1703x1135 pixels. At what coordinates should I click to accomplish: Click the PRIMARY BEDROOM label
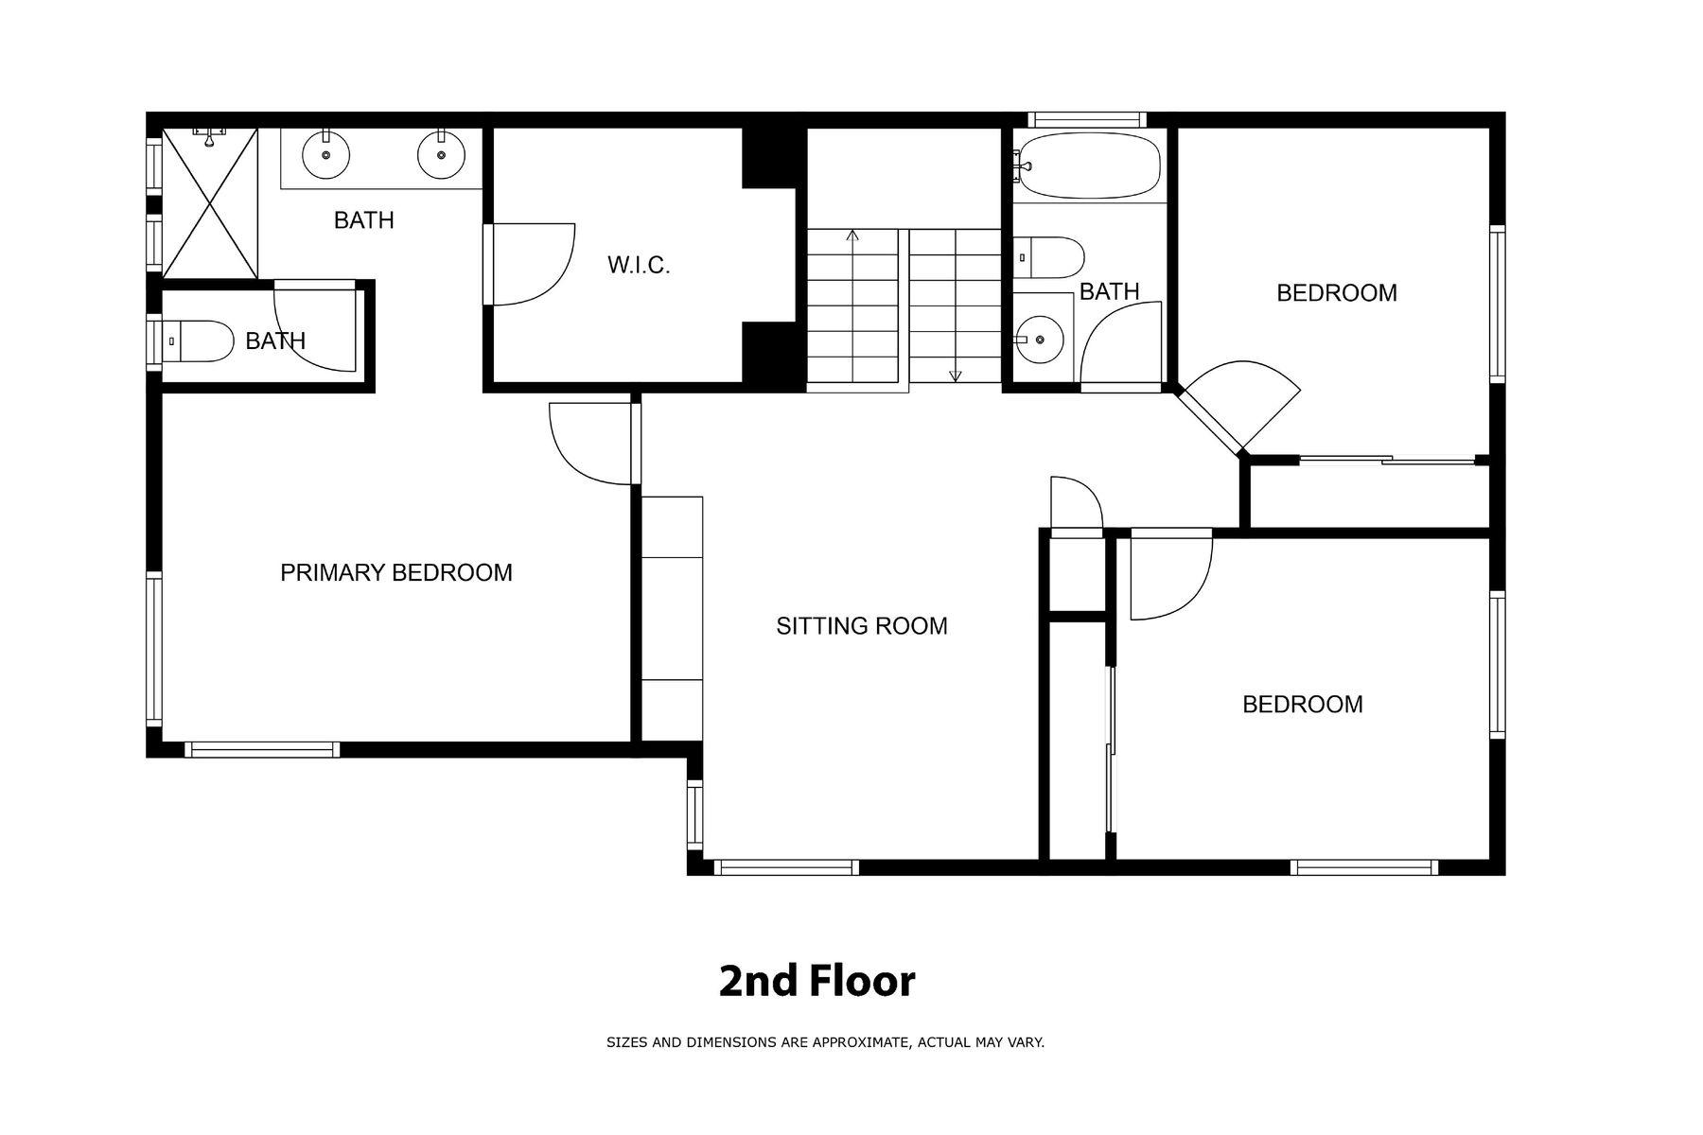(396, 572)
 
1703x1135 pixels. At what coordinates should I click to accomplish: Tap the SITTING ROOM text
(862, 626)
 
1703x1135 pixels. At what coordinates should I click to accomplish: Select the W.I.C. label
(639, 266)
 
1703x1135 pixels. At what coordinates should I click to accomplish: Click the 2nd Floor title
(817, 982)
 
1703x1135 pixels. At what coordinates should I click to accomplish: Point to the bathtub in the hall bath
(1087, 166)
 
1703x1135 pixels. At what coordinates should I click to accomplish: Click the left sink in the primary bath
(325, 155)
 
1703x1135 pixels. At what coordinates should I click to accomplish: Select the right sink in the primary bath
(441, 155)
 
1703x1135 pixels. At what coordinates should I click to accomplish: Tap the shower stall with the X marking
(209, 203)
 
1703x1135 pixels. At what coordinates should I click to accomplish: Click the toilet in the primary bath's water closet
(198, 340)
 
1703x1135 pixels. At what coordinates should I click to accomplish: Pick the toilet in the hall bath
(1049, 257)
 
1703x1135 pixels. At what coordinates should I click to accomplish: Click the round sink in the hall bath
(1040, 338)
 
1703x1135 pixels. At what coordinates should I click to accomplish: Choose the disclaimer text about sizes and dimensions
(825, 1042)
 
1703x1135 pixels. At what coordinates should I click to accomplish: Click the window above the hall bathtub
(1087, 120)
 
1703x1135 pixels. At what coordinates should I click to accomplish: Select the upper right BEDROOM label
(1337, 293)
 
